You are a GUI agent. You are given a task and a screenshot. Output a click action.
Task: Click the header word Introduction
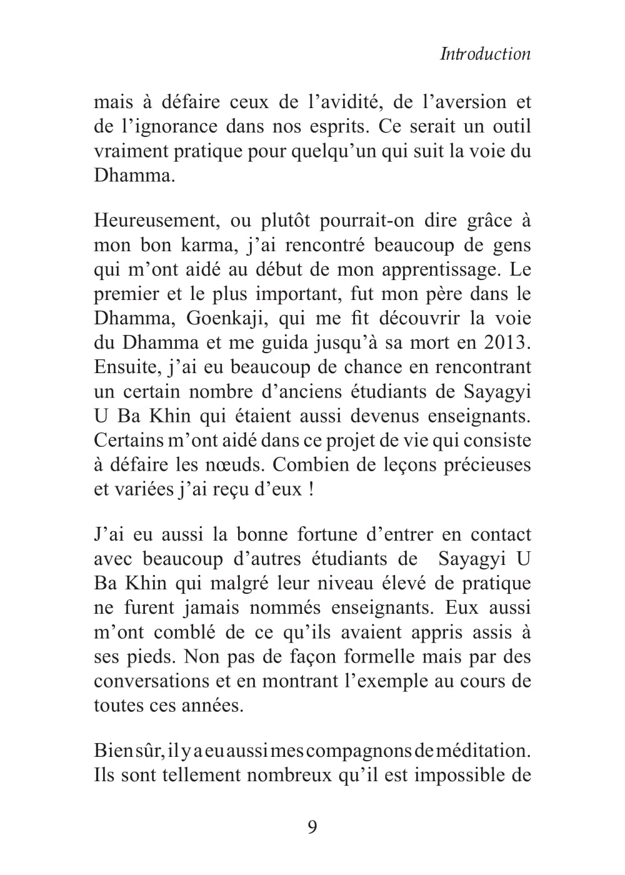[x=486, y=54]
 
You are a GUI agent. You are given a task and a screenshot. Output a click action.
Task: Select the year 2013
[x=506, y=343]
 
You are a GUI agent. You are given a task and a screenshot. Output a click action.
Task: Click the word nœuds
[x=234, y=466]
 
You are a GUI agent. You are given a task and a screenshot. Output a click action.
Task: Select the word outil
[x=511, y=127]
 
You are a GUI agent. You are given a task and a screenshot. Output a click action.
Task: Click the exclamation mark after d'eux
[x=311, y=489]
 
